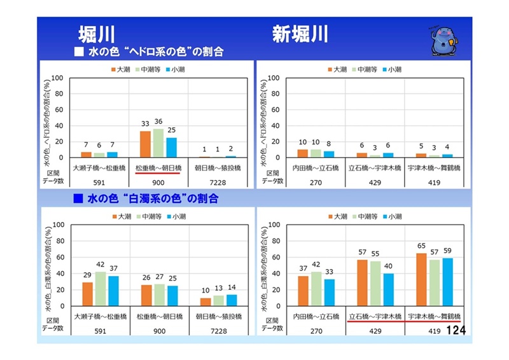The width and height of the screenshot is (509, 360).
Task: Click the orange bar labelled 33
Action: click(145, 144)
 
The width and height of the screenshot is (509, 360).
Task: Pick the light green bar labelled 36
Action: click(158, 143)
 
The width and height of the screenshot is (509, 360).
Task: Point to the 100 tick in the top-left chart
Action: click(57, 78)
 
